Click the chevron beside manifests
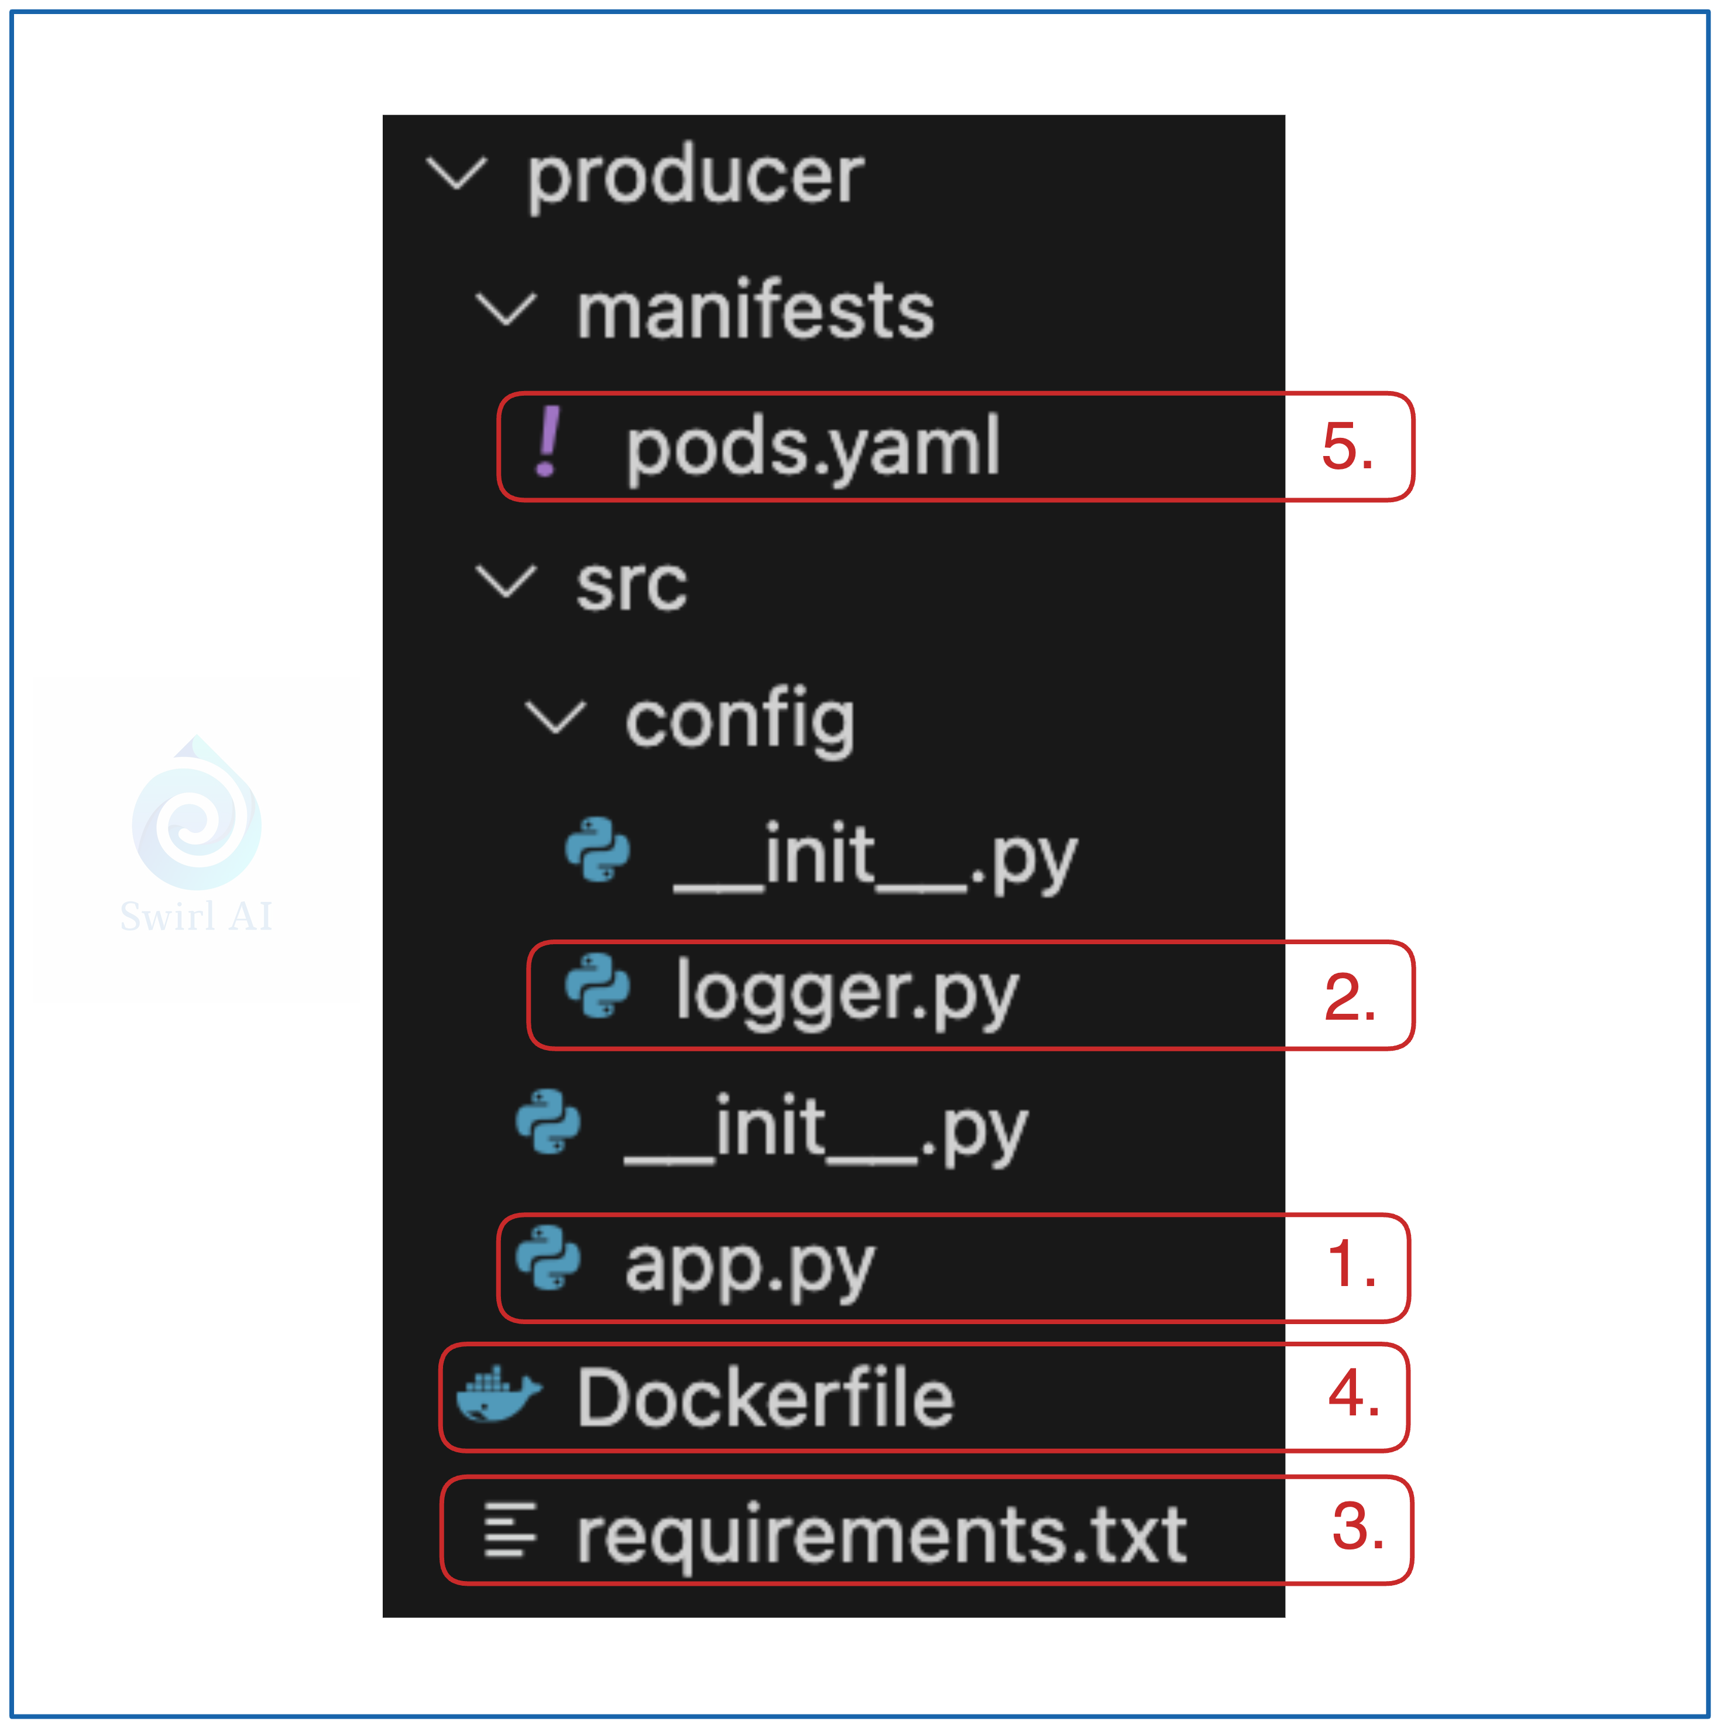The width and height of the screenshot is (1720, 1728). click(x=506, y=310)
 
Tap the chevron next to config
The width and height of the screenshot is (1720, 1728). click(x=555, y=717)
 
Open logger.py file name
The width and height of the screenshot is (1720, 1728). click(x=847, y=993)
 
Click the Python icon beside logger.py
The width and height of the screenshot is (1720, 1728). click(x=598, y=986)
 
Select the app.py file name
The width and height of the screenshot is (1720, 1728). click(x=750, y=1266)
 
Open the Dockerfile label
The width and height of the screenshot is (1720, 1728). click(x=765, y=1398)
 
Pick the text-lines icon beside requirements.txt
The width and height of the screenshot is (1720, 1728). click(x=510, y=1530)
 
